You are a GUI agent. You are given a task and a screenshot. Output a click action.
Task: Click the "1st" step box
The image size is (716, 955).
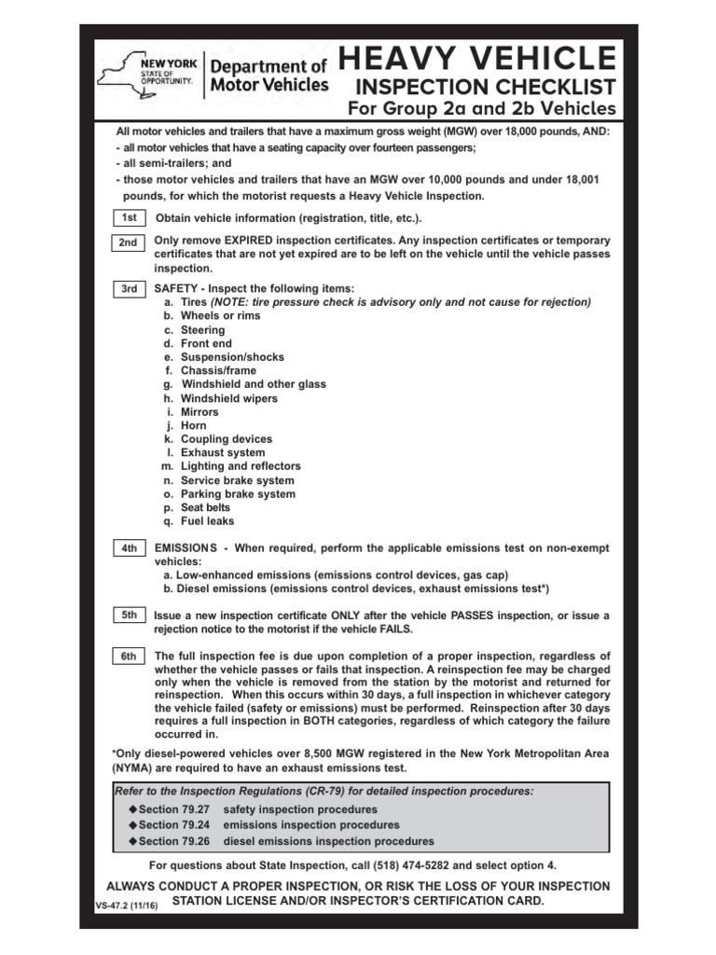tap(129, 217)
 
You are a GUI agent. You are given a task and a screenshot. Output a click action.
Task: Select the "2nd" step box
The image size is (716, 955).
tap(129, 242)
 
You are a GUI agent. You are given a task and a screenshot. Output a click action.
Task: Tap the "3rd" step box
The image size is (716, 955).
tap(129, 289)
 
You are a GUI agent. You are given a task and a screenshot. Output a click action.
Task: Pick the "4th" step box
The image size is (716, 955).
tap(129, 548)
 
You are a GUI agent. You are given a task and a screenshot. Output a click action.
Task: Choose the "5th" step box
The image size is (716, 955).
tap(129, 616)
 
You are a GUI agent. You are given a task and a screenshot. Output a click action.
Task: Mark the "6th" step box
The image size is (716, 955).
tap(129, 657)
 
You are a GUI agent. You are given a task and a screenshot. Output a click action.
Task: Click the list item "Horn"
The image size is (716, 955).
tap(194, 425)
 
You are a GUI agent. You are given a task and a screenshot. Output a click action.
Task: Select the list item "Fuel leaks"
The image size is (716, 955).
tap(207, 521)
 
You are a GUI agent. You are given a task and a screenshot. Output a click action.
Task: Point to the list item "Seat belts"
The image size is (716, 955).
tap(206, 507)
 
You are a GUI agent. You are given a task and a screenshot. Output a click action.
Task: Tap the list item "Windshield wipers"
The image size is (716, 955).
tap(228, 398)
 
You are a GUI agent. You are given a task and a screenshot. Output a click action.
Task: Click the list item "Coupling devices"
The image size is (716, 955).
tap(227, 439)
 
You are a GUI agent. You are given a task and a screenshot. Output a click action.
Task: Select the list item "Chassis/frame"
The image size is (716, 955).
tap(219, 371)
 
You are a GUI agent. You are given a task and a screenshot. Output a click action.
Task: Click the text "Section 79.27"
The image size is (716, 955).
tap(174, 810)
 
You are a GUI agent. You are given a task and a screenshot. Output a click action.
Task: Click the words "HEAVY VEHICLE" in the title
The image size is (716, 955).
tap(477, 58)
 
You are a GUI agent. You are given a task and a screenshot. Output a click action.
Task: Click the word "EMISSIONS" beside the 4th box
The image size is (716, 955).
tap(185, 548)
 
